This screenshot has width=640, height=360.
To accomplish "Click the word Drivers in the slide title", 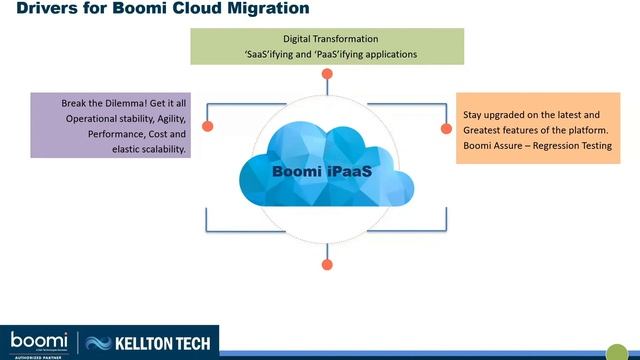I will pyautogui.click(x=41, y=10).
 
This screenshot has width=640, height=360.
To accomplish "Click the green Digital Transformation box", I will pyautogui.click(x=327, y=46).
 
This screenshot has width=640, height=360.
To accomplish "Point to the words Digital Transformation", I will pyautogui.click(x=328, y=39).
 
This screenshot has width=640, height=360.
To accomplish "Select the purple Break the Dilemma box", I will pyautogui.click(x=110, y=125).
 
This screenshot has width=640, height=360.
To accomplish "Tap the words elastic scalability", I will pyautogui.click(x=149, y=148).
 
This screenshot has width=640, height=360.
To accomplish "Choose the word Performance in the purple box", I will pyautogui.click(x=121, y=133).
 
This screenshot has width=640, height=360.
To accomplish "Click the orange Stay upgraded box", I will pyautogui.click(x=538, y=129).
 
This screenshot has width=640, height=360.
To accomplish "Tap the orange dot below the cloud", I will pyautogui.click(x=327, y=265).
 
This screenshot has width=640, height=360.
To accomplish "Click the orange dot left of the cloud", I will pyautogui.click(x=208, y=127).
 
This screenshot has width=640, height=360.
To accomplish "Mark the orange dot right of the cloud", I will pyautogui.click(x=446, y=129).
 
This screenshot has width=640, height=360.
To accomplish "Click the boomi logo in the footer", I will pyautogui.click(x=39, y=340).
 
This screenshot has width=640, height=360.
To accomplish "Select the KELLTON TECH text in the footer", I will pyautogui.click(x=166, y=343).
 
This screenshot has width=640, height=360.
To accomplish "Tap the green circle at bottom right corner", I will pyautogui.click(x=616, y=351).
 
